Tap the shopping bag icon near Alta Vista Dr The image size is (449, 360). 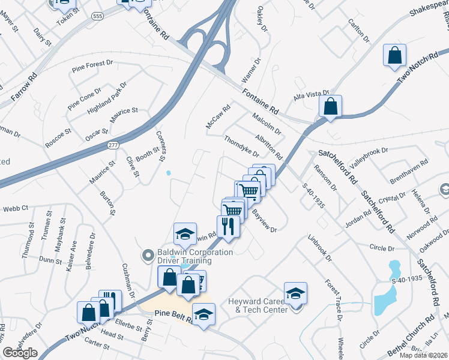coord(330,107)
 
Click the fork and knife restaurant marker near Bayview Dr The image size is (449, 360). coord(228,227)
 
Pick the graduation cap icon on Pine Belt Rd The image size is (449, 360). coord(203,315)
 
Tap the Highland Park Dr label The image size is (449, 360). coord(107,98)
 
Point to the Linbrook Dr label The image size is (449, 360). coord(320,247)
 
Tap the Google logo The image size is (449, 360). coord(20,353)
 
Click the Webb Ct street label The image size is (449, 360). coord(16,208)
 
